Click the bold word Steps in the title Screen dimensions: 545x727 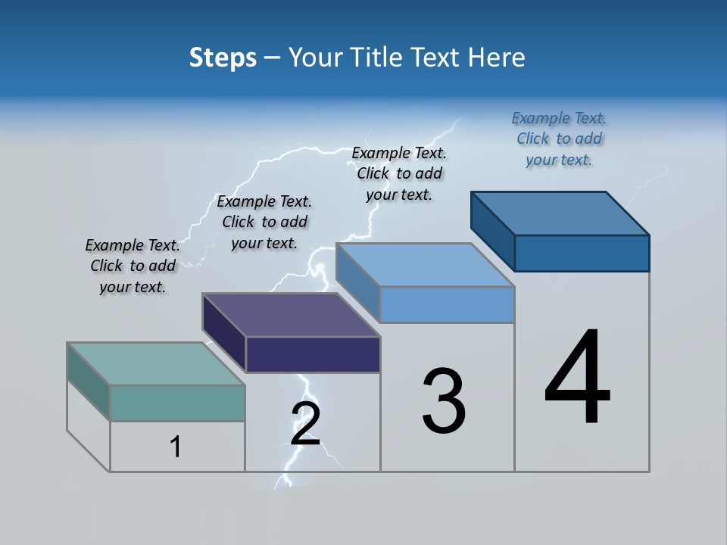pyautogui.click(x=223, y=58)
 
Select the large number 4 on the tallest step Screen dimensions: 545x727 pyautogui.click(x=577, y=378)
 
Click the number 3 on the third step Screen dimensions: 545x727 pyautogui.click(x=444, y=401)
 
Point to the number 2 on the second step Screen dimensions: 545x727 pyautogui.click(x=305, y=424)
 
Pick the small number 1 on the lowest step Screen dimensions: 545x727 pyautogui.click(x=176, y=447)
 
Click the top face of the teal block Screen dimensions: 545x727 pyautogui.click(x=155, y=364)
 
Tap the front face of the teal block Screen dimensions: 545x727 pyautogui.click(x=177, y=403)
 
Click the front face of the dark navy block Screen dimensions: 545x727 pyautogui.click(x=313, y=354)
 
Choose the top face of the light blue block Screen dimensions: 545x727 pyautogui.click(x=425, y=265)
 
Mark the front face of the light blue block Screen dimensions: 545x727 pyautogui.click(x=447, y=304)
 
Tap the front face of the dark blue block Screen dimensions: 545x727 pyautogui.click(x=582, y=253)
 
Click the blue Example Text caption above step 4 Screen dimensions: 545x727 pyautogui.click(x=559, y=139)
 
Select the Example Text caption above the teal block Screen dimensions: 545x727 pyautogui.click(x=133, y=266)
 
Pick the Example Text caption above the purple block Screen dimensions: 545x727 pyautogui.click(x=264, y=223)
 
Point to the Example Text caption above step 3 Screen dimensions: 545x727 pyautogui.click(x=399, y=174)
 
